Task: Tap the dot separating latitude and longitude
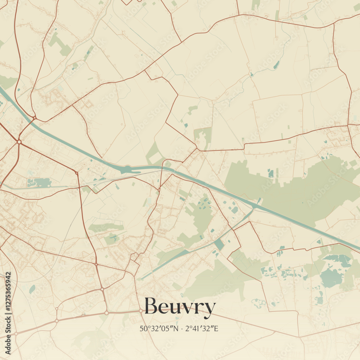point(182,328)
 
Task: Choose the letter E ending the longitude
point(217,328)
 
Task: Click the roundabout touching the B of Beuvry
point(141,310)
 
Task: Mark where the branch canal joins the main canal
point(255,207)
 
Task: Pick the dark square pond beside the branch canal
point(219,245)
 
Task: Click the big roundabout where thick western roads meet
point(19,142)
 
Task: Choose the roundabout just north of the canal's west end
point(34,117)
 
